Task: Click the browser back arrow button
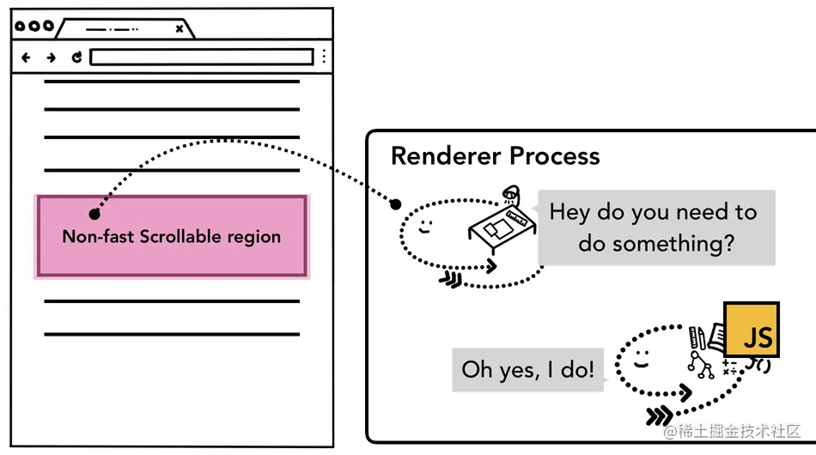click(x=26, y=58)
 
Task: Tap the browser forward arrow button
click(x=51, y=58)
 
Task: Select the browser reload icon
click(x=76, y=58)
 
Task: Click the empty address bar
click(x=202, y=57)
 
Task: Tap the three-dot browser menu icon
click(x=324, y=56)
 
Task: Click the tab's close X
click(x=179, y=28)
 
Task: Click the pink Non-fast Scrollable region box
click(x=173, y=236)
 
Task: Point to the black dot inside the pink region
click(x=94, y=214)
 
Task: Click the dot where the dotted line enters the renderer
click(x=395, y=204)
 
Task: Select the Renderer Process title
click(x=495, y=155)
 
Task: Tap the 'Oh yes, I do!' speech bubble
click(x=527, y=370)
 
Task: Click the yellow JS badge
click(x=752, y=330)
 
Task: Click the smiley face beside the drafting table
click(x=426, y=227)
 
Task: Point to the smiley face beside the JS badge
click(x=641, y=359)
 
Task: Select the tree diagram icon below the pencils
click(x=701, y=365)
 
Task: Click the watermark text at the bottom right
click(x=732, y=431)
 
